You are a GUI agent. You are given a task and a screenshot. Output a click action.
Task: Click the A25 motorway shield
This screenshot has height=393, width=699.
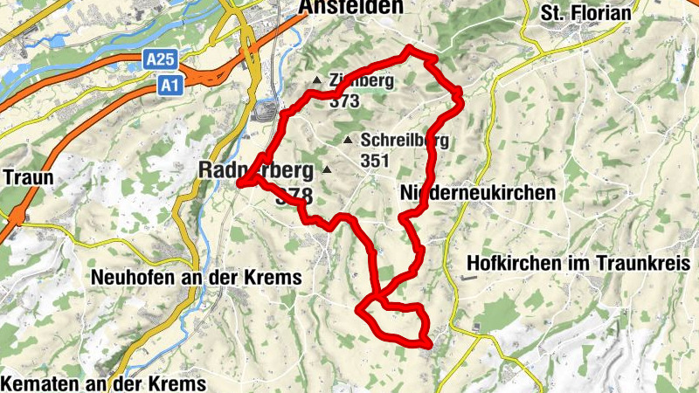point(156,59)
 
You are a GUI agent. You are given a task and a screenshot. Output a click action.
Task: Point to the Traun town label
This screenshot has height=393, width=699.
point(29,177)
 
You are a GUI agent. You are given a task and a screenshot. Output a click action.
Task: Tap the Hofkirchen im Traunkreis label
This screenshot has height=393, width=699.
point(579,262)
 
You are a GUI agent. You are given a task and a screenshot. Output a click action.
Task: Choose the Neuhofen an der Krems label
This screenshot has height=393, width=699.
point(197,278)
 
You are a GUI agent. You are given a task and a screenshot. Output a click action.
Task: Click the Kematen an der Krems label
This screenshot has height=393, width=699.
point(104,383)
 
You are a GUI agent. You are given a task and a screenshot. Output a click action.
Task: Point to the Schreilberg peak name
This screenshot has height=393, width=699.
point(405,140)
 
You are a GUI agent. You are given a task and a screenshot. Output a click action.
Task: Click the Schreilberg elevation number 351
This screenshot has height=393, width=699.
point(374,161)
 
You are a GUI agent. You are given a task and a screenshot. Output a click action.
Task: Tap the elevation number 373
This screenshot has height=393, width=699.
point(345,100)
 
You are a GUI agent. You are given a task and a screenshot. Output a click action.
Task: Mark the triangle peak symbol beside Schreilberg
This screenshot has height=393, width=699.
point(349,140)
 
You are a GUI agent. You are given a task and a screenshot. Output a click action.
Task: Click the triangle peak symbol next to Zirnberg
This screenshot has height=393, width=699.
point(318,82)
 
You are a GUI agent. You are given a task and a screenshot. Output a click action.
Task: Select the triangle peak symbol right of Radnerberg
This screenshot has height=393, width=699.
point(328,169)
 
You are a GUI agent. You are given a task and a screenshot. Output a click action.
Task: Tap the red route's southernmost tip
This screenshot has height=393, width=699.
point(428,346)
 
